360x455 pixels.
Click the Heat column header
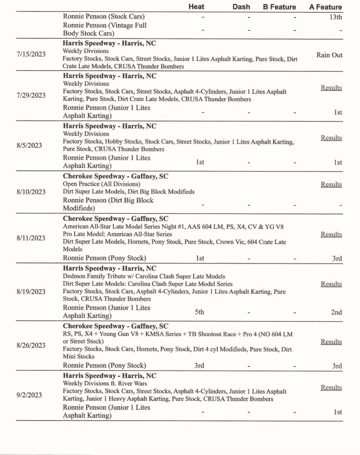[196, 7]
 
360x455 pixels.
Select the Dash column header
[241, 7]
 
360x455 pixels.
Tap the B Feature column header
[279, 7]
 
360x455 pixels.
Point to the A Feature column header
[325, 7]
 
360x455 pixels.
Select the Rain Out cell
[329, 55]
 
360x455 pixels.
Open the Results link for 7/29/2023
[331, 88]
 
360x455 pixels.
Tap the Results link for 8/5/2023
[331, 138]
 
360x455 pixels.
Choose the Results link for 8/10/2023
[331, 184]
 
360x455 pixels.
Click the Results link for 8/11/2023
[331, 234]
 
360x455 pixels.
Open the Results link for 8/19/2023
[331, 284]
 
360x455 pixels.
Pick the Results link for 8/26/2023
[331, 342]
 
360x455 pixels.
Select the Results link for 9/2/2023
[331, 387]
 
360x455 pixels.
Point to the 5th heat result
[199, 312]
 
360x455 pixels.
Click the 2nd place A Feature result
[336, 312]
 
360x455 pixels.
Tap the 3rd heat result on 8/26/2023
[199, 366]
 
